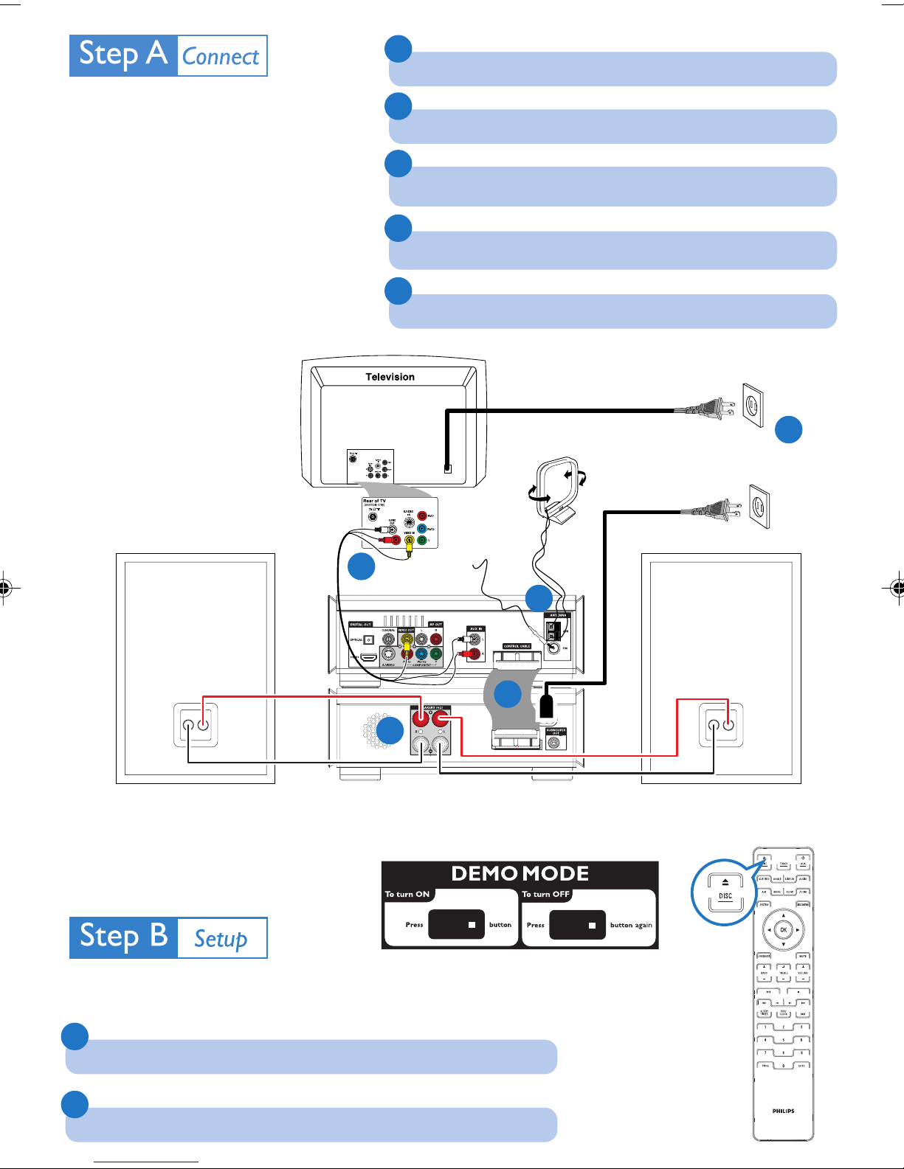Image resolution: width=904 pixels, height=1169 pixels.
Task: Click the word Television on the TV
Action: coord(390,377)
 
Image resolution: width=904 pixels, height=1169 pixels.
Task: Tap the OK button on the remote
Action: coord(783,930)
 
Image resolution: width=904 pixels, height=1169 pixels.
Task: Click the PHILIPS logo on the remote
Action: coord(783,1111)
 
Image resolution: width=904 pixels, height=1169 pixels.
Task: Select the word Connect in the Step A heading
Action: coord(221,57)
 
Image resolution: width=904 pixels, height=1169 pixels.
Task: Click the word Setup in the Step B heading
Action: coord(221,939)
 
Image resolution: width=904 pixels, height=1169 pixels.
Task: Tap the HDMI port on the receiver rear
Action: coord(368,656)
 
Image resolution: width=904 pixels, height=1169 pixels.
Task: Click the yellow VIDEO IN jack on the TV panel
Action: coord(408,541)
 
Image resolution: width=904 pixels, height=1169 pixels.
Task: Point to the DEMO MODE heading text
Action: coord(520,874)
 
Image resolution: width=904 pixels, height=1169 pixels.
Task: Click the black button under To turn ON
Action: coord(456,924)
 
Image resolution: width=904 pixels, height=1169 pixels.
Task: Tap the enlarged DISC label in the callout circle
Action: coord(725,896)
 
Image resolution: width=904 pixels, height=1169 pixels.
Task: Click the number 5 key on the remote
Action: coord(783,1040)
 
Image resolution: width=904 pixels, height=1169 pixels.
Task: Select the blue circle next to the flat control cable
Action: coord(508,694)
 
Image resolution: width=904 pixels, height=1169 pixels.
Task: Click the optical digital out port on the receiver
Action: coord(368,639)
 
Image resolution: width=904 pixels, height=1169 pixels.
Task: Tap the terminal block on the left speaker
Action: coord(196,725)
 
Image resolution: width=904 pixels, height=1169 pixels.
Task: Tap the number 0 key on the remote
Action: coord(783,1066)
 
